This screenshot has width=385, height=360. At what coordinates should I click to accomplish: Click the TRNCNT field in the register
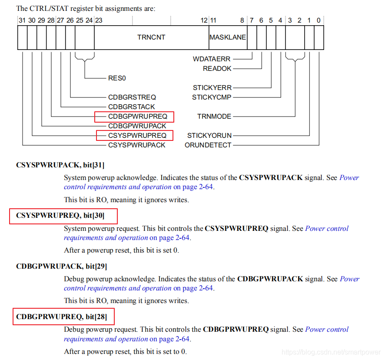pyautogui.click(x=151, y=37)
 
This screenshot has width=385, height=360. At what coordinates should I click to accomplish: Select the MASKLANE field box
pyautogui.click(x=228, y=37)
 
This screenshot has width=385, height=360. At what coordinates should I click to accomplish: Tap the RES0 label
pyautogui.click(x=117, y=78)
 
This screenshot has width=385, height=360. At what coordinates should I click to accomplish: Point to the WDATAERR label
pyautogui.click(x=212, y=59)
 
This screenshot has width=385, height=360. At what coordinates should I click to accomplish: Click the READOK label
pyautogui.click(x=217, y=69)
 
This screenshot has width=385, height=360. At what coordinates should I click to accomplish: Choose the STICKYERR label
pyautogui.click(x=212, y=88)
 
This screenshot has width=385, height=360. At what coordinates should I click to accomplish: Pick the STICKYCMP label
pyautogui.click(x=212, y=97)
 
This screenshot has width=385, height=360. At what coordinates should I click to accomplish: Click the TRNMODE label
pyautogui.click(x=214, y=117)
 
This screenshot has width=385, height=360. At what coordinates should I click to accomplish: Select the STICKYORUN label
pyautogui.click(x=209, y=136)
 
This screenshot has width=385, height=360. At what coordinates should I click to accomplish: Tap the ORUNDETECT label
pyautogui.click(x=208, y=145)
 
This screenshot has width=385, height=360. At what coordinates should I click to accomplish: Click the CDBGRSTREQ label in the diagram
pyautogui.click(x=132, y=97)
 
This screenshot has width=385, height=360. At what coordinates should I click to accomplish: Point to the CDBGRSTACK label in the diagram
pyautogui.click(x=132, y=107)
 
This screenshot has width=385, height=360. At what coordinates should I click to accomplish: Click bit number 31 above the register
pyautogui.click(x=22, y=20)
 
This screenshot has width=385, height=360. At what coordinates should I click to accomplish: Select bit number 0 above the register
pyautogui.click(x=319, y=20)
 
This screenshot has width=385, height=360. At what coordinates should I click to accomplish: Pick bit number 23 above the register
pyautogui.click(x=99, y=20)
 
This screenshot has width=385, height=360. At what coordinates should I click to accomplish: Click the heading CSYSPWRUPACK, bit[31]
pyautogui.click(x=60, y=165)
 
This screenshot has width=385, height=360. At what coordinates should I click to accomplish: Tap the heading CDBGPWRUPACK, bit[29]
pyautogui.click(x=61, y=266)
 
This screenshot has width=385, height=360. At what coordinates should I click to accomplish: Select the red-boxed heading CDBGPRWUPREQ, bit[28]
pyautogui.click(x=61, y=317)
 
